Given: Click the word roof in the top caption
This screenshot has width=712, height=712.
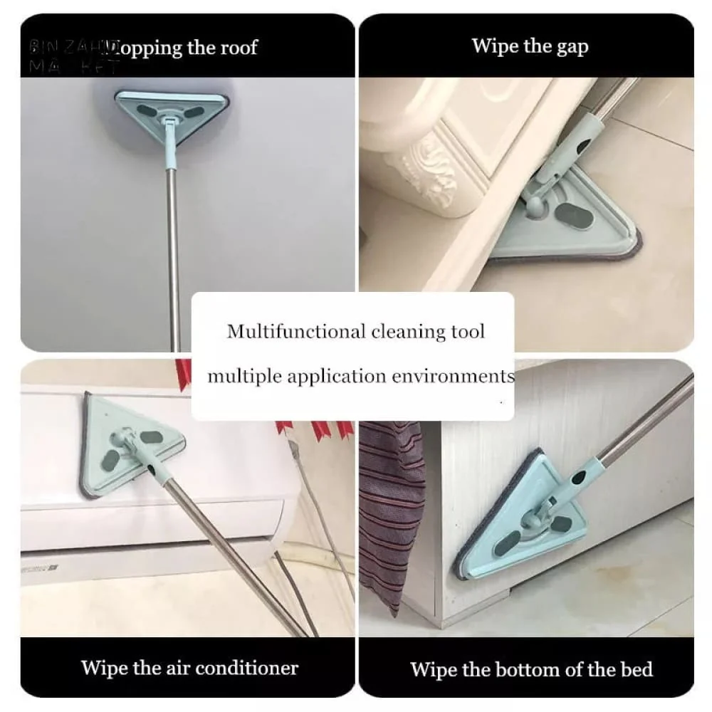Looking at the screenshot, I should click(233, 48).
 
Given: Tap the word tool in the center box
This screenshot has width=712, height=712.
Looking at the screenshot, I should click(467, 331).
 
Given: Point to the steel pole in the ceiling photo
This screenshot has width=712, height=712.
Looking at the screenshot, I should click(173, 256).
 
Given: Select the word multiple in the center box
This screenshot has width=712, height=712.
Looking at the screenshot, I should click(241, 375).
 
